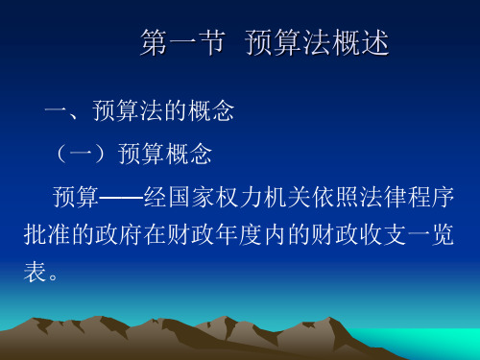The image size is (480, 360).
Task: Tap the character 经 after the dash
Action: click(x=156, y=197)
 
